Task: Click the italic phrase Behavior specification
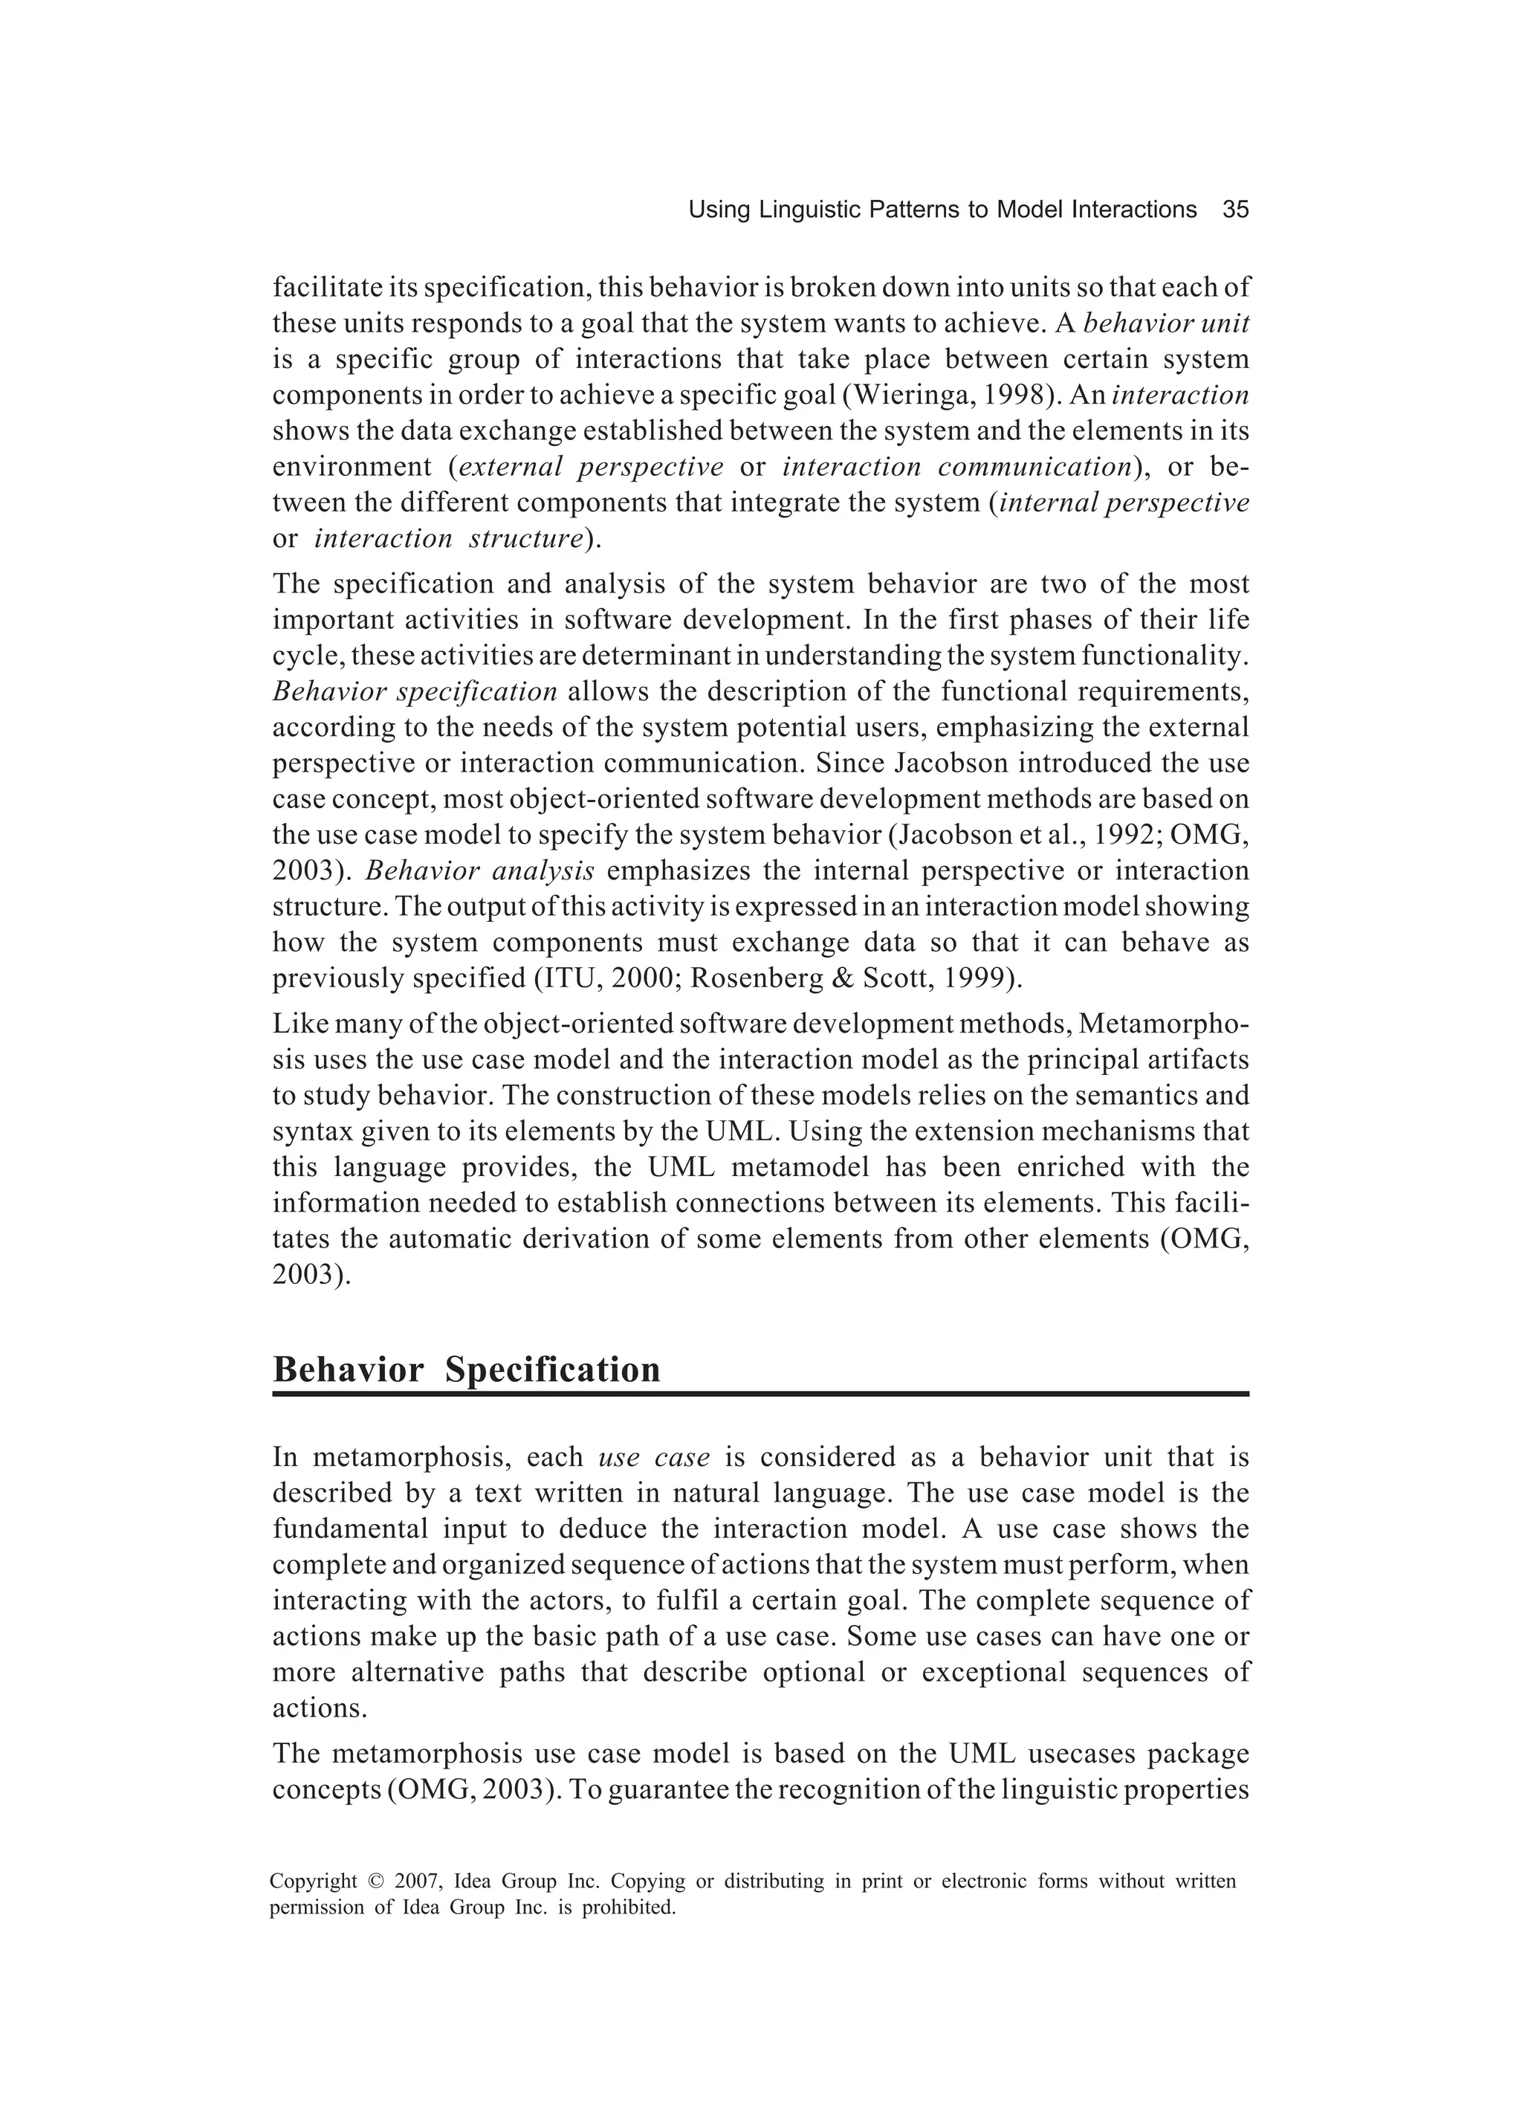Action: pyautogui.click(x=415, y=692)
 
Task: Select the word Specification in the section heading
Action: pyautogui.click(x=552, y=1370)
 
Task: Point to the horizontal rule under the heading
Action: pyautogui.click(x=760, y=1394)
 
